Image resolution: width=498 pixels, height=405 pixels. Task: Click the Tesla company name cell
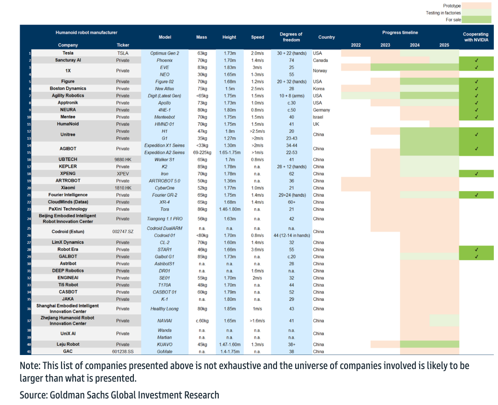click(x=68, y=53)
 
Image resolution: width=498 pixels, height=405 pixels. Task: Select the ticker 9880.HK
click(x=123, y=159)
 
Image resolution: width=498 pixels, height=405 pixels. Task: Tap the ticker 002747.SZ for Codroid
click(x=123, y=232)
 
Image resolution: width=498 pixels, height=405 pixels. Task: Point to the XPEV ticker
click(x=123, y=174)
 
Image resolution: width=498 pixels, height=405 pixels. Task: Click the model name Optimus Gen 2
click(x=165, y=53)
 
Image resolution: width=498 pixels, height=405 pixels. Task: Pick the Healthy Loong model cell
click(x=165, y=309)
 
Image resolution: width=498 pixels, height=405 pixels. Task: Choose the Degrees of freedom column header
click(x=291, y=37)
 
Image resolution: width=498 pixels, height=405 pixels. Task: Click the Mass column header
click(x=201, y=37)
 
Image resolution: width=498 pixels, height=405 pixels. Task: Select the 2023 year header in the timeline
click(x=385, y=45)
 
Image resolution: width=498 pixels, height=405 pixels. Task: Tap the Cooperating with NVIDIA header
click(x=476, y=37)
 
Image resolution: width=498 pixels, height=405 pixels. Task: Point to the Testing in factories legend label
click(x=443, y=13)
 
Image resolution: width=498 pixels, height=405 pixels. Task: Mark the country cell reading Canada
click(x=320, y=60)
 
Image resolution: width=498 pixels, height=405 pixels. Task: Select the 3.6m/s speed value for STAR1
click(x=257, y=249)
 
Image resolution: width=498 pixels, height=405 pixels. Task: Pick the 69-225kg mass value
click(x=202, y=152)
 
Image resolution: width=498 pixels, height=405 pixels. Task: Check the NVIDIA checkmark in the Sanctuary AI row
click(x=476, y=60)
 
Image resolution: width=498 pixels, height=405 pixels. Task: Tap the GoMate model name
click(x=165, y=351)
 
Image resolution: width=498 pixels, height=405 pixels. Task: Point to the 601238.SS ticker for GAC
click(x=123, y=351)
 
